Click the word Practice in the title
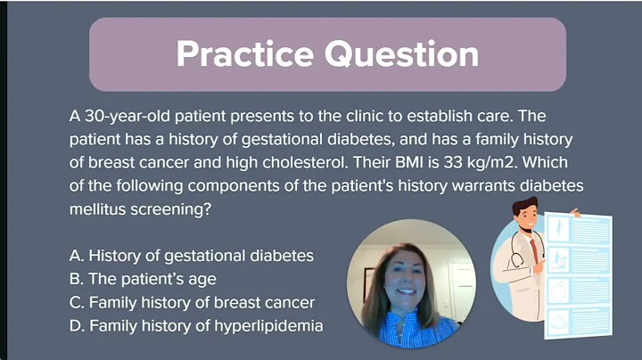click(245, 53)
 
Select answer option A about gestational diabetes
click(191, 256)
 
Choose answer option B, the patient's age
click(143, 279)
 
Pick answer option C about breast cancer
click(192, 302)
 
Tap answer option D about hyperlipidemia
click(195, 326)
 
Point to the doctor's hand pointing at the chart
click(576, 214)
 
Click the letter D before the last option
click(75, 326)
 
